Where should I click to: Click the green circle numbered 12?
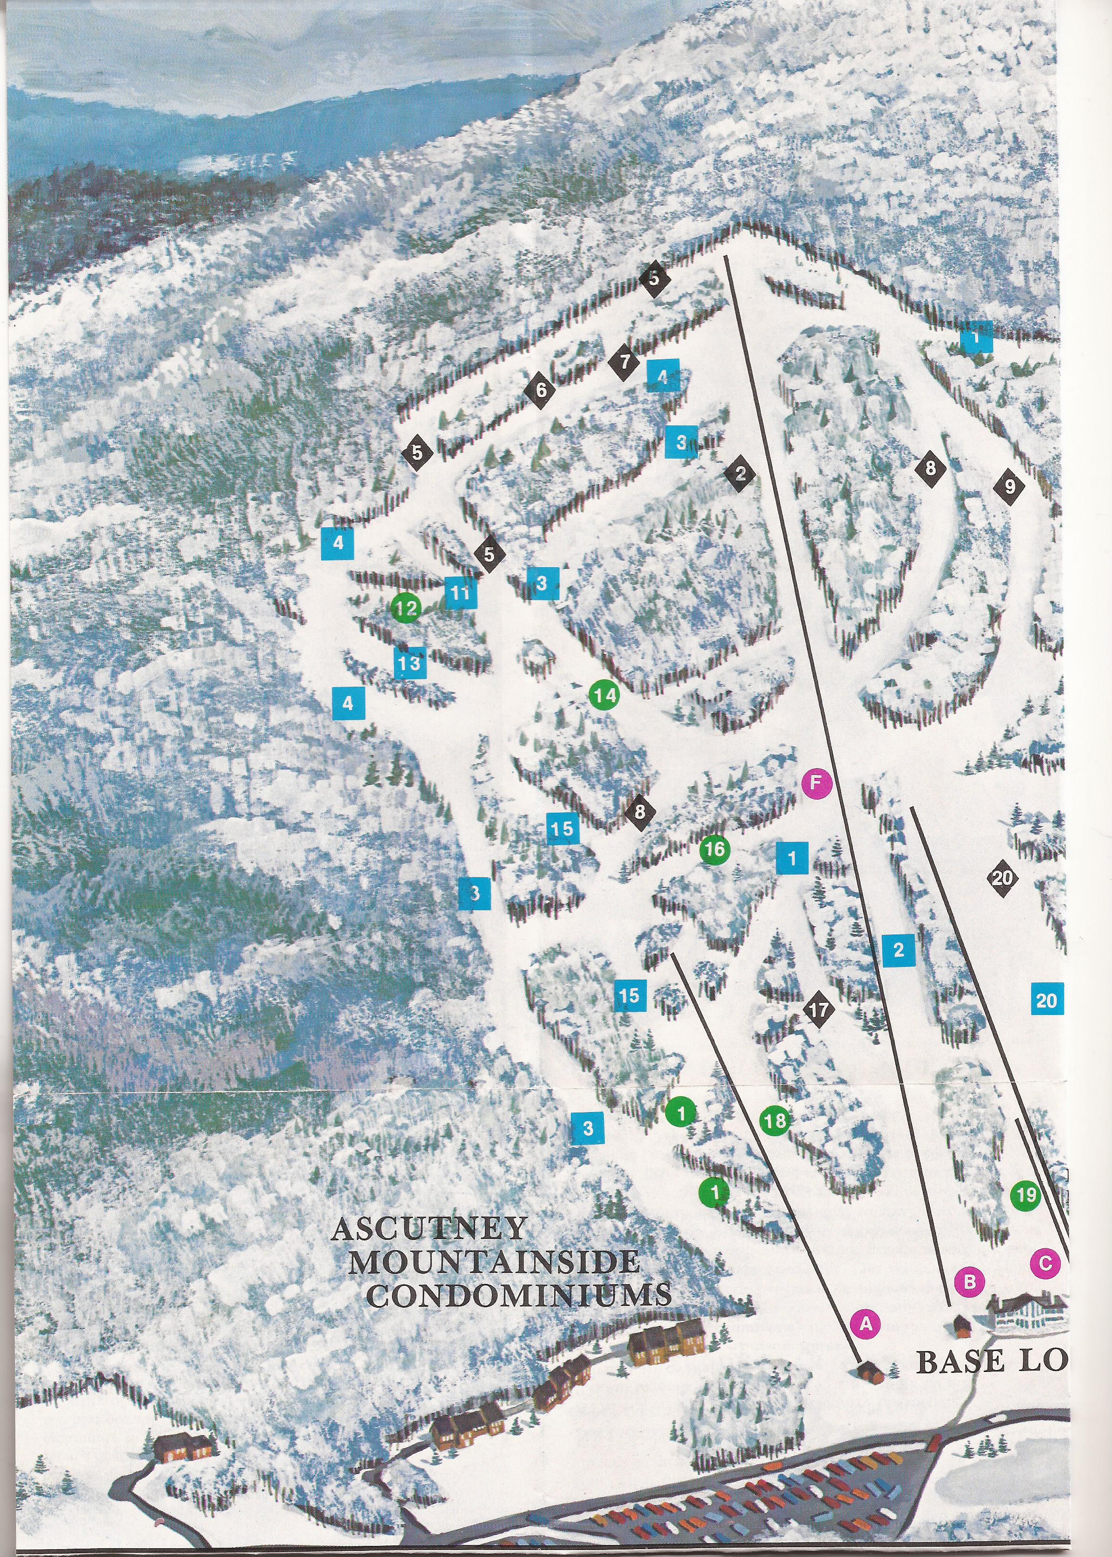click(406, 607)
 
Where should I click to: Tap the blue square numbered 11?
click(460, 593)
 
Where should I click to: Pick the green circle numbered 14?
click(603, 696)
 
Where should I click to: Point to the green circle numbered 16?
click(715, 850)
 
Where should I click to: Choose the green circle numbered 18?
click(775, 1121)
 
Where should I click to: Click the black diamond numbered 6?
click(541, 391)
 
